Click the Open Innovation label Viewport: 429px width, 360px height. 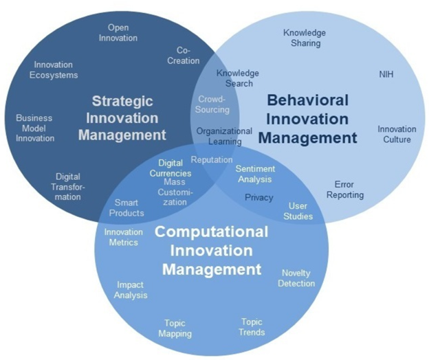[x=118, y=32]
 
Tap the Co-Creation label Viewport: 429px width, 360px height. [x=184, y=56]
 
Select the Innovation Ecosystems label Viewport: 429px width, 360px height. [x=54, y=69]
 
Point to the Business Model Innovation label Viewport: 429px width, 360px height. [x=35, y=128]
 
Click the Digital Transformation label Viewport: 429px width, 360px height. [x=68, y=187]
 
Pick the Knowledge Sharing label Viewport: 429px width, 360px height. [x=305, y=38]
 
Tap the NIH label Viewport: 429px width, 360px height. [x=386, y=74]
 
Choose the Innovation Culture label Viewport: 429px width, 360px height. [x=397, y=134]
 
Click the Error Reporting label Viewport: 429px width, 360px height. [x=345, y=190]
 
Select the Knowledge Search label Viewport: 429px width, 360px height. [x=238, y=78]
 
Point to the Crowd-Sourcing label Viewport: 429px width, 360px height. [x=212, y=104]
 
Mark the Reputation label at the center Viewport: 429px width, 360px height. [x=212, y=159]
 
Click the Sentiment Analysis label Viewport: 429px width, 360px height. [x=255, y=174]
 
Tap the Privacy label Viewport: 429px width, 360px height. [x=258, y=197]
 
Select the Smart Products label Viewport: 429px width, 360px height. [x=126, y=207]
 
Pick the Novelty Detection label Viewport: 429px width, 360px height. [x=296, y=278]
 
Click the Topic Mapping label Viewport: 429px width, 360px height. [x=175, y=328]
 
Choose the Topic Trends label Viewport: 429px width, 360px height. [x=252, y=327]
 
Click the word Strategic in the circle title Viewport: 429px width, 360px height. [x=122, y=101]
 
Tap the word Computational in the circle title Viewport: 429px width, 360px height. [x=211, y=232]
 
